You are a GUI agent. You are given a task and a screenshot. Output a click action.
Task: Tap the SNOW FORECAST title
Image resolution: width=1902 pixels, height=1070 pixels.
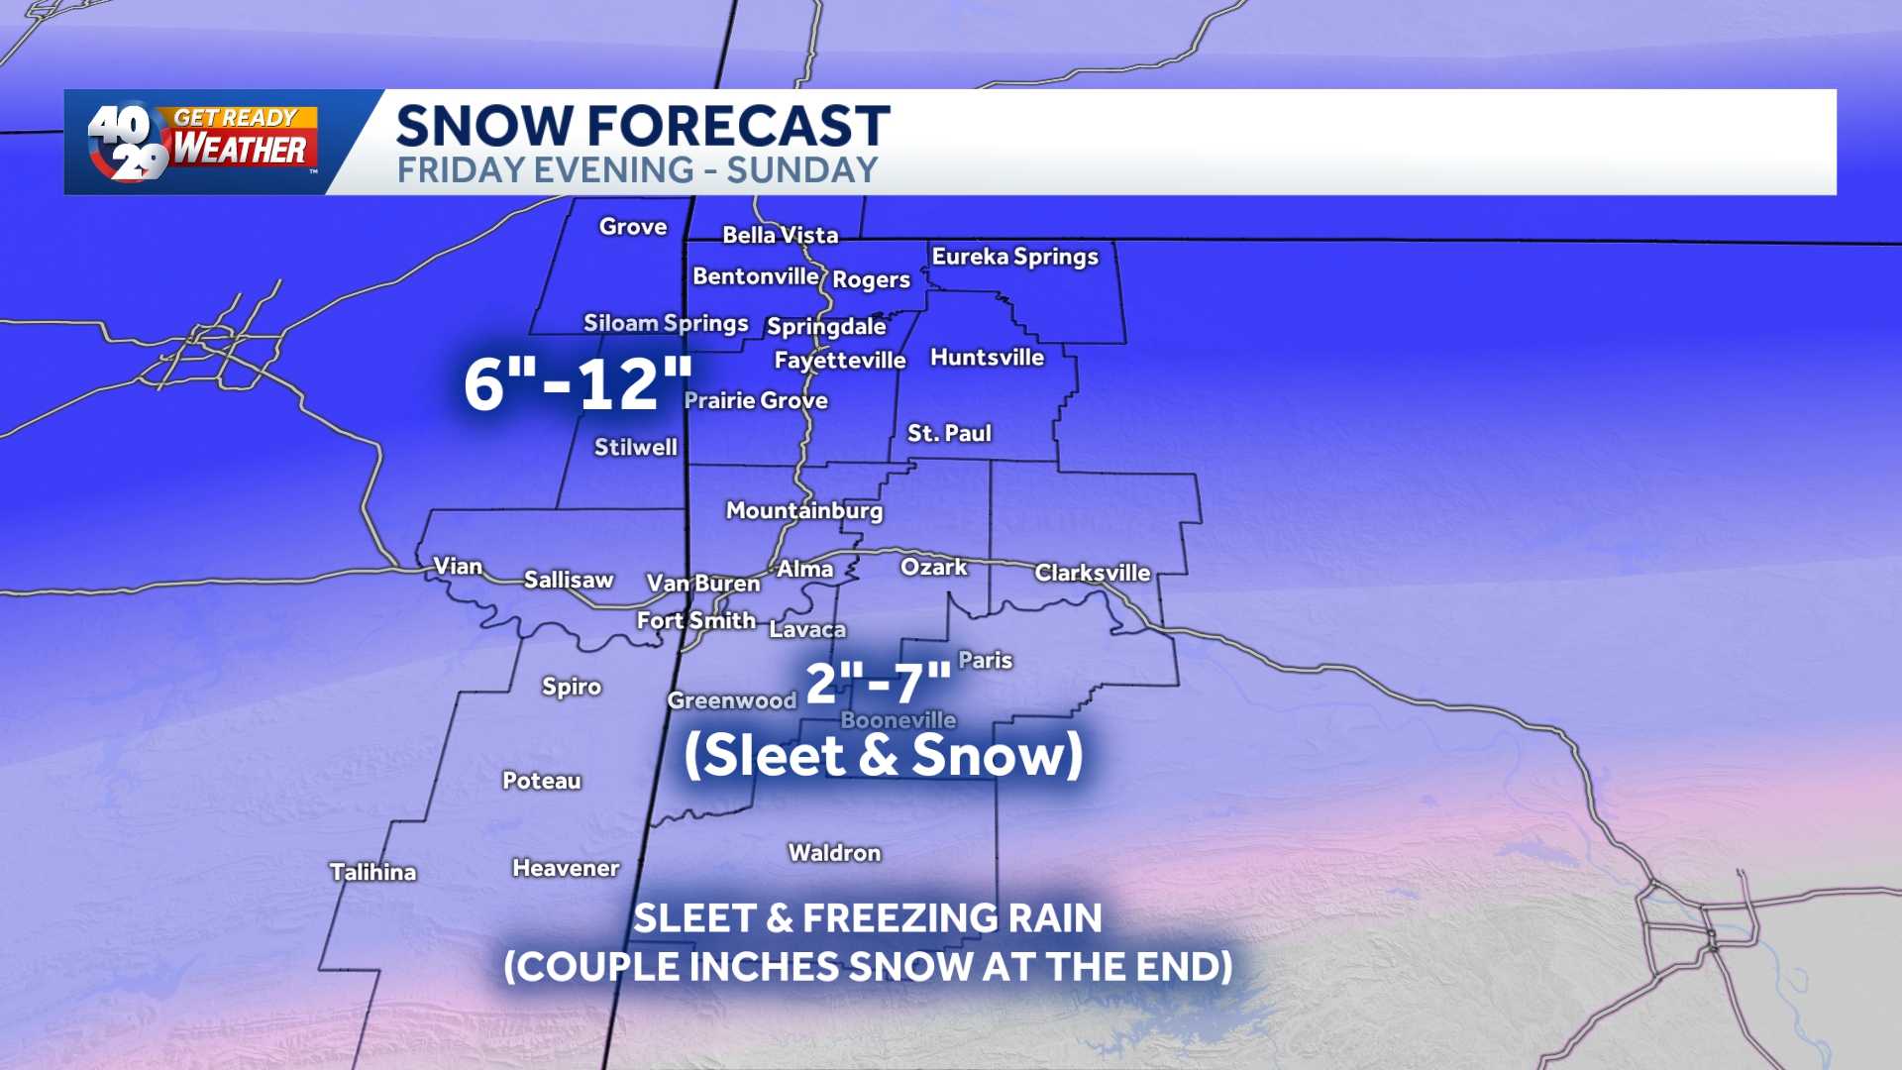coord(642,126)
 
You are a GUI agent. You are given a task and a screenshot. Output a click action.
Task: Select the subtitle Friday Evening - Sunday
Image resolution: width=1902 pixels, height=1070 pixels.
coord(637,170)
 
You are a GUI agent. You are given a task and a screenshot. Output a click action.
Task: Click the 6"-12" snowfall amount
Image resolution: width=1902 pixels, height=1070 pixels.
coord(578,384)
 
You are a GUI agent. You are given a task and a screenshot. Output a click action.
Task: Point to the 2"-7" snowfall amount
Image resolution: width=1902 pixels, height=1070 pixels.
coord(878,683)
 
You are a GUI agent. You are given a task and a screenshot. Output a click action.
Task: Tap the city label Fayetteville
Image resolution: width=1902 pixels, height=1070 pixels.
coord(839,360)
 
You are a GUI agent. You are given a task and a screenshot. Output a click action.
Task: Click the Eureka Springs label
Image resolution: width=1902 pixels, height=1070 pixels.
coord(1014,257)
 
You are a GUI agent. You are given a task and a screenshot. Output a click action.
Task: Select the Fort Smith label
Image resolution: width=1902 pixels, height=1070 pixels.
coord(695,620)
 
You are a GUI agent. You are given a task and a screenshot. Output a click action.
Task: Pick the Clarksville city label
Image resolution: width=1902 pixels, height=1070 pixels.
coord(1092,573)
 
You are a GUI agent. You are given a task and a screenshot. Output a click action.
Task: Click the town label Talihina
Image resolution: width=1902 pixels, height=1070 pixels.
coord(372,872)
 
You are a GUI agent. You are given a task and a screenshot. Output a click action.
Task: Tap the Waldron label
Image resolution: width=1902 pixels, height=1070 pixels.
coord(834,853)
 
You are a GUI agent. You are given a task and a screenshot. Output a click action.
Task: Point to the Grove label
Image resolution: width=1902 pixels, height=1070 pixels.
coord(632,227)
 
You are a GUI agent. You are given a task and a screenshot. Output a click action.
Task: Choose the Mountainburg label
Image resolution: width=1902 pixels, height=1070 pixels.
coord(803,510)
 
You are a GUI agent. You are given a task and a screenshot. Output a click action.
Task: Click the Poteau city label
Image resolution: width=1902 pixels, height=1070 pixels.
coord(541,781)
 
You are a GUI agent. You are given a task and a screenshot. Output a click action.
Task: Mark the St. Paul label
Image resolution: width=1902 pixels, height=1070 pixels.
coord(948,433)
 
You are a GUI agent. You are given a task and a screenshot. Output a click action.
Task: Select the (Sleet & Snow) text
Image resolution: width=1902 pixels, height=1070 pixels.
coord(883,755)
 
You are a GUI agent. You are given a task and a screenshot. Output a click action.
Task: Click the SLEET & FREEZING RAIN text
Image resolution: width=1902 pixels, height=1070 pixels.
coord(867,918)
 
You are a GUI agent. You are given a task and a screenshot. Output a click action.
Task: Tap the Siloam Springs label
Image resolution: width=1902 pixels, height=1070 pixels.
coord(665,323)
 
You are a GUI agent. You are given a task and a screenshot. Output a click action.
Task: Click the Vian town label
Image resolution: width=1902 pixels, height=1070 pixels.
coord(458,566)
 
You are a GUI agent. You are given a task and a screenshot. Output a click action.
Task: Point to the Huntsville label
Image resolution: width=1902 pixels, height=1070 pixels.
coord(987,358)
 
